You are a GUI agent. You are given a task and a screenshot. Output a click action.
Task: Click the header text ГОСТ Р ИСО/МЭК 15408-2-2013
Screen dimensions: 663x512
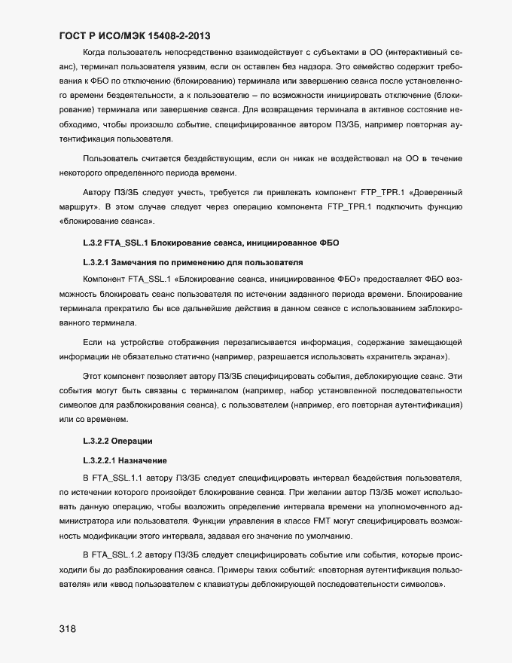[134, 35]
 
